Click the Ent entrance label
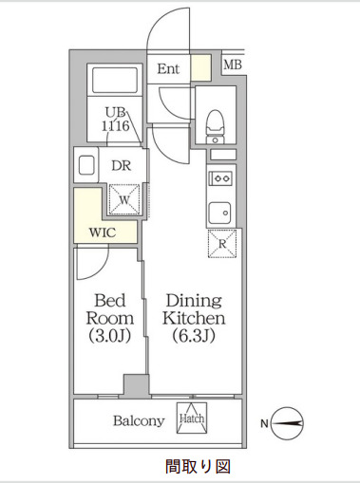[168, 68]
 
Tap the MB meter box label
[232, 65]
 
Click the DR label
[121, 165]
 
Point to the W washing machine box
[124, 200]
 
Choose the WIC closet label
[104, 232]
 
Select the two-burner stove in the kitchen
[220, 176]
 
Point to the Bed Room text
[109, 309]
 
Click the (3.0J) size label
[109, 336]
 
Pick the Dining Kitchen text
[193, 309]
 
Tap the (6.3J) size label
[193, 336]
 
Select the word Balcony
[140, 420]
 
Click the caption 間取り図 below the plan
[193, 467]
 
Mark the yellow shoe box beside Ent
[199, 68]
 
